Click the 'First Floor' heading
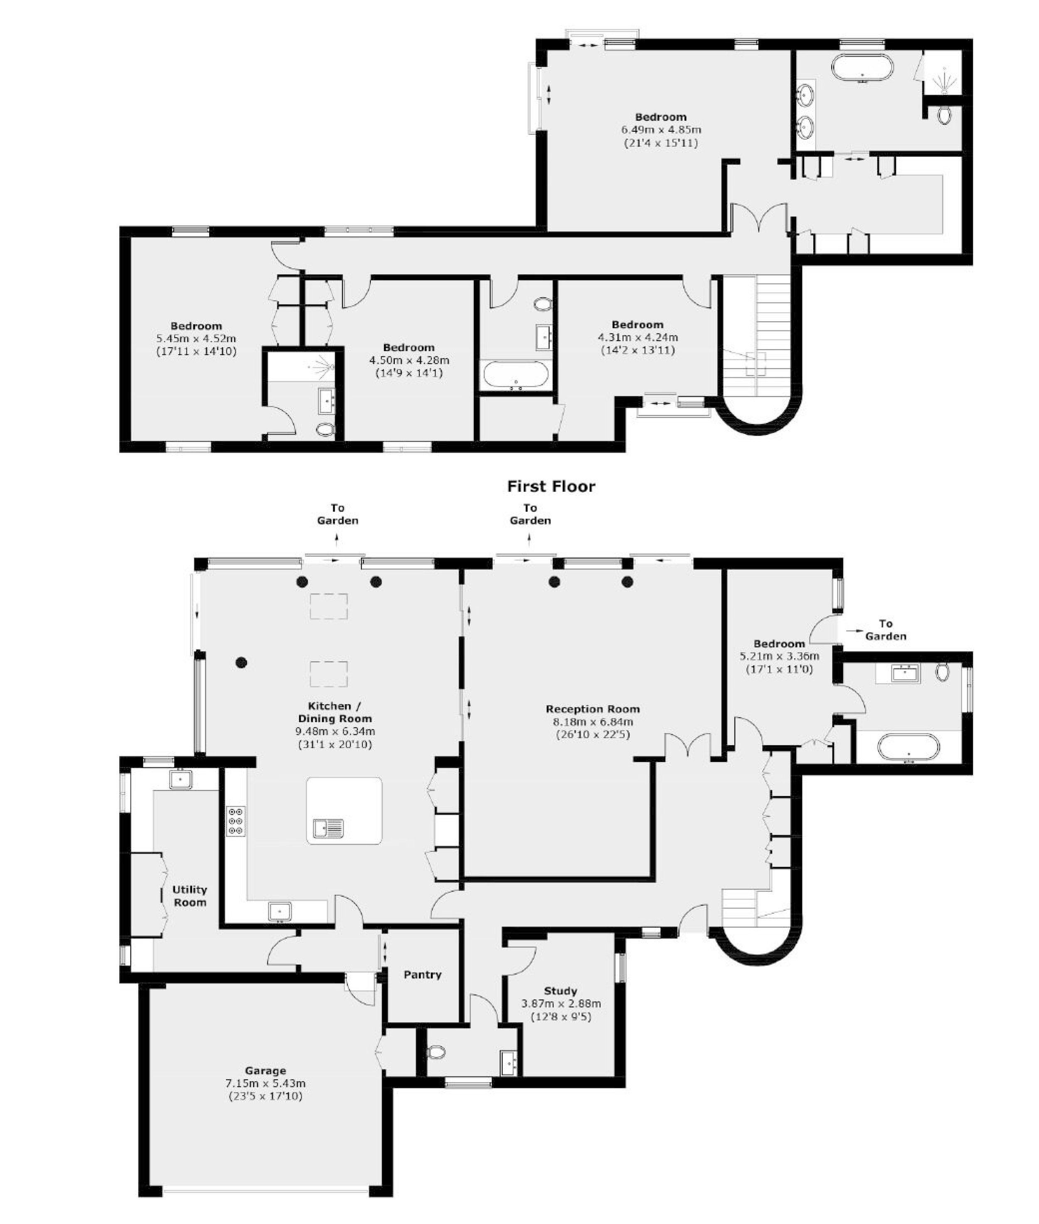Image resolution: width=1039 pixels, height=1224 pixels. (x=552, y=486)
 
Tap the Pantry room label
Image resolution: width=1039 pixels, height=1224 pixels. (x=422, y=974)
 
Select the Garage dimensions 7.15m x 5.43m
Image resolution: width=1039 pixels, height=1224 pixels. (x=265, y=1083)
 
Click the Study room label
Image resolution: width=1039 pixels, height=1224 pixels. (x=560, y=990)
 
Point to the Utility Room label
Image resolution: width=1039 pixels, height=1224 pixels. (x=190, y=895)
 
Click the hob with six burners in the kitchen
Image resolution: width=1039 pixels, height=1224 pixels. (x=236, y=820)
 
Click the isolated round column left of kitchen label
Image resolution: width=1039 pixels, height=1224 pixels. (x=241, y=663)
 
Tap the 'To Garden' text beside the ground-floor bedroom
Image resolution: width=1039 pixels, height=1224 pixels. (x=885, y=629)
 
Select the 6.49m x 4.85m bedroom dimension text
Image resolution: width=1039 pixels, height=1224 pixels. (x=661, y=130)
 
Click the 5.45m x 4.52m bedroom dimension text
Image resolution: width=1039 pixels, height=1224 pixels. (x=196, y=339)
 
